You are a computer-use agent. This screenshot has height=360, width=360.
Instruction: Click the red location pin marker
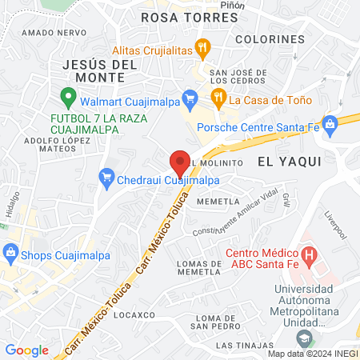(180, 163)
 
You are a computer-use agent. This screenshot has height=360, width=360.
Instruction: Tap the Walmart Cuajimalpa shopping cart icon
(190, 99)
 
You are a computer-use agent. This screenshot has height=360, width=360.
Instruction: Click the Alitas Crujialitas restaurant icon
(204, 47)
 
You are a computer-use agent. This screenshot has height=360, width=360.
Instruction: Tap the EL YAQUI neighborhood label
(289, 161)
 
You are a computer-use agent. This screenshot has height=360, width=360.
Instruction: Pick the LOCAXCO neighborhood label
(134, 315)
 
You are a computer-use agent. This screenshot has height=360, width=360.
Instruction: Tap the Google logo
(26, 350)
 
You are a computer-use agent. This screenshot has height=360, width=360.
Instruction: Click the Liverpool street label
(335, 226)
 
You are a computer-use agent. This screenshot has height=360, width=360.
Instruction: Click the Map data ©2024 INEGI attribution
(313, 354)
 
